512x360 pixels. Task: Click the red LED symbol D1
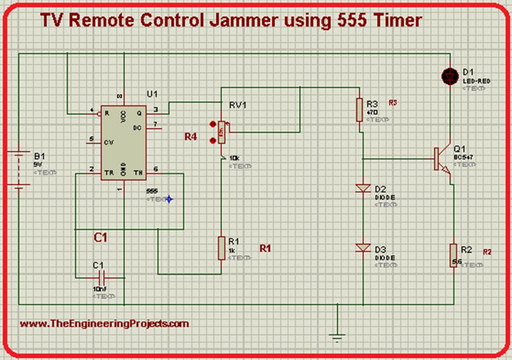pos(450,76)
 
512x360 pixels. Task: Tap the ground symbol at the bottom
pos(337,336)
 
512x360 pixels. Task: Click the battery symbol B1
pos(18,170)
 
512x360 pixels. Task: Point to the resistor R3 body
pos(359,110)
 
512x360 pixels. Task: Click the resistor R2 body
pos(453,255)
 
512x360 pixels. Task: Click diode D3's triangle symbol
pos(362,247)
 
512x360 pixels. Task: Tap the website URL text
pos(104,323)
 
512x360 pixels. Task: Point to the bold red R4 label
pos(190,136)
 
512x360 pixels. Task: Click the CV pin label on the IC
pos(109,142)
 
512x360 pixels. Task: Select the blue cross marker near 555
pos(169,199)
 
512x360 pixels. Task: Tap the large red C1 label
pos(101,237)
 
